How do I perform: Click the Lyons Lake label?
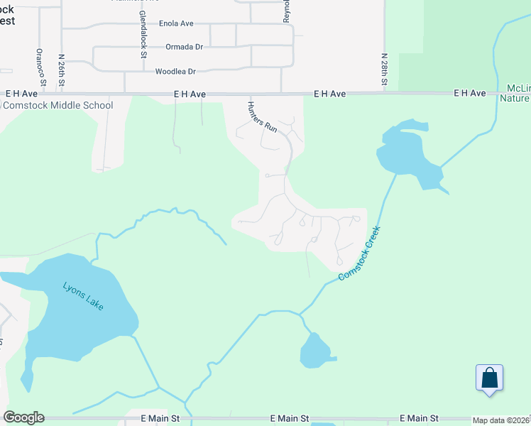(83, 296)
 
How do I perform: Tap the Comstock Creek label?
(360, 253)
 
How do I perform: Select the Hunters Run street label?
(262, 116)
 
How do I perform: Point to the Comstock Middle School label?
(58, 106)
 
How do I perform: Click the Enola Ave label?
(176, 23)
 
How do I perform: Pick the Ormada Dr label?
(184, 47)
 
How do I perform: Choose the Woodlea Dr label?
(175, 71)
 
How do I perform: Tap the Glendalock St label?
(143, 34)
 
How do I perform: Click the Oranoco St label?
(41, 67)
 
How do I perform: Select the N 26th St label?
(62, 70)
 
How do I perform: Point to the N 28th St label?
(384, 70)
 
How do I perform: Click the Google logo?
(23, 417)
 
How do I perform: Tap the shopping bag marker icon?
(490, 377)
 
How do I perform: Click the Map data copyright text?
(501, 420)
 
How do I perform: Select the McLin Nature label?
(517, 94)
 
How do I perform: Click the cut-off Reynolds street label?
(287, 11)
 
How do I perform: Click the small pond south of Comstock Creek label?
(314, 351)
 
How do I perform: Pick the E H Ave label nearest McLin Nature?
(470, 93)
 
